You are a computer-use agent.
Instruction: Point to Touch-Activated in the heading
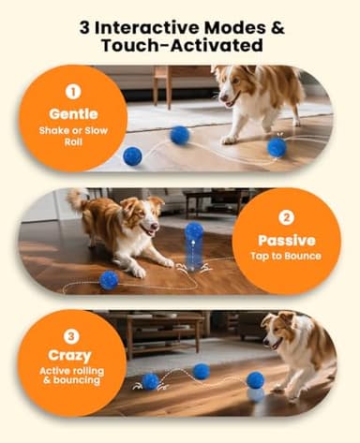pos(179,46)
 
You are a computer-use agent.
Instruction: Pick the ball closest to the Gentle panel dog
pos(276,147)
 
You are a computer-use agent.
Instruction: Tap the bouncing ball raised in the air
pos(194,230)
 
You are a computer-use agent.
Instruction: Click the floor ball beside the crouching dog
pos(109,279)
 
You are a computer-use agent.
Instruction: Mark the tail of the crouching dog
pos(78,199)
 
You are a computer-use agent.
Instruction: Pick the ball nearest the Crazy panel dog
pos(255,380)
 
